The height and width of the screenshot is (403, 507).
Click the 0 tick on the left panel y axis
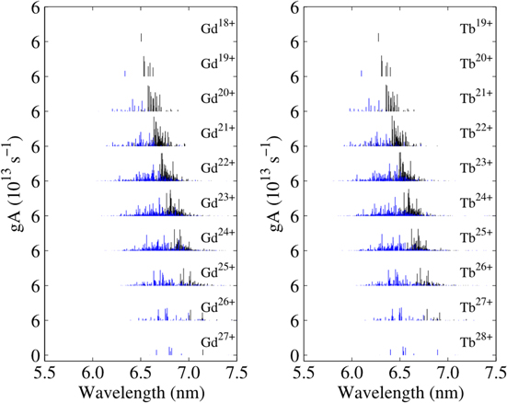(34, 356)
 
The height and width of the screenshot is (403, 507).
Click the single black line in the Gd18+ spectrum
(141, 38)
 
